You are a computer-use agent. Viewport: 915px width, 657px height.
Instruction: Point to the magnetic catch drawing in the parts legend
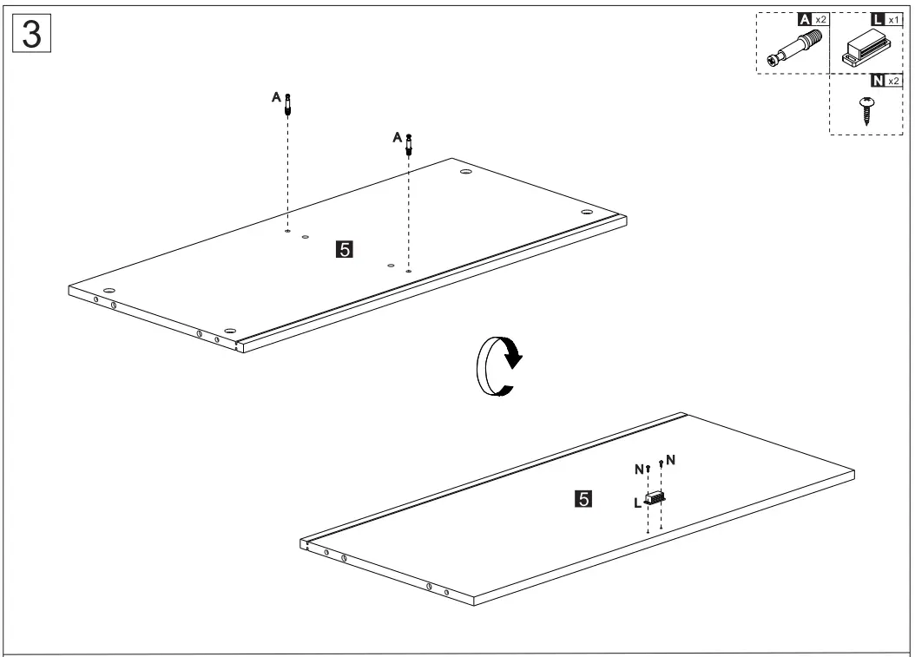(865, 49)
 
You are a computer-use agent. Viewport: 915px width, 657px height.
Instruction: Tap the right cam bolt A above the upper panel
(409, 145)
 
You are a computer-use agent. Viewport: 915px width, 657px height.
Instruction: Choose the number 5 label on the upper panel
(343, 250)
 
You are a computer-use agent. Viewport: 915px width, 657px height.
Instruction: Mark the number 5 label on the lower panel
(584, 499)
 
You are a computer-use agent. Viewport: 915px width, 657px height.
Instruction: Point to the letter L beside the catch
(637, 502)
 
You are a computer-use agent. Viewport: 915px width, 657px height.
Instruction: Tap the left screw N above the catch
(648, 470)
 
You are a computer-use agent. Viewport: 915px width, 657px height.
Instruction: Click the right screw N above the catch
(662, 464)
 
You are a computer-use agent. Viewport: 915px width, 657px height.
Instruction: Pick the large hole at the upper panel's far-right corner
(587, 212)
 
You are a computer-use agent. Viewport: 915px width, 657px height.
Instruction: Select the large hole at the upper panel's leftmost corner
(109, 289)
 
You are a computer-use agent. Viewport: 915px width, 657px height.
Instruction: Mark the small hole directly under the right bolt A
(408, 271)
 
